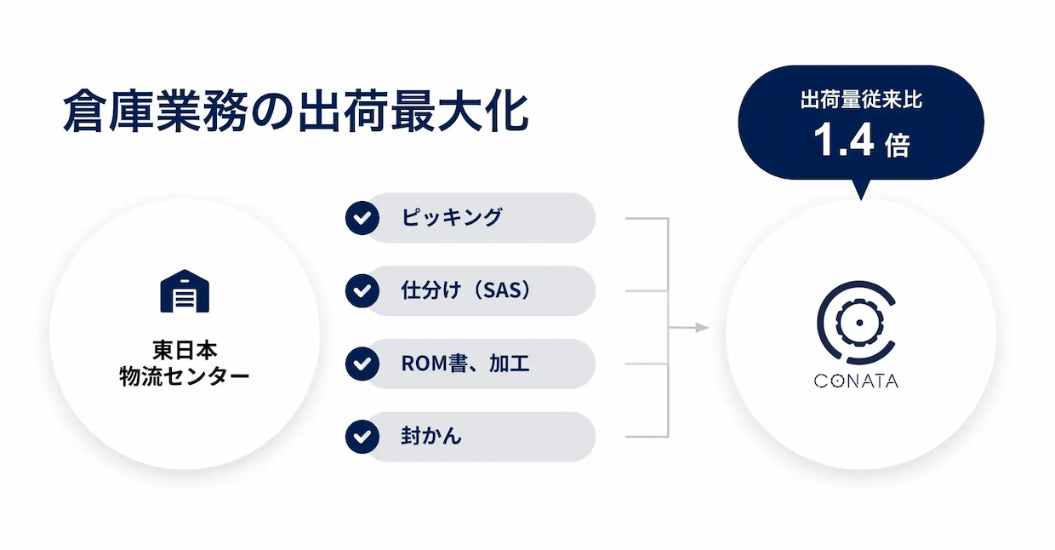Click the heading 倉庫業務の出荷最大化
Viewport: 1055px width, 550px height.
296,112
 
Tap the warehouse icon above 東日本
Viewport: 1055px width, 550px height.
185,291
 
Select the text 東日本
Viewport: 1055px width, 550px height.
185,350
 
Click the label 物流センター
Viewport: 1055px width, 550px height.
185,376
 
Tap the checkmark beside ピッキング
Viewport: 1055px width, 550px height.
362,218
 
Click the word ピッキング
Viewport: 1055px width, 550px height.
452,217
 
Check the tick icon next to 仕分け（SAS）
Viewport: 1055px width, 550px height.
362,291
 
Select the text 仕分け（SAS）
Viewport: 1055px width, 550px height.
466,290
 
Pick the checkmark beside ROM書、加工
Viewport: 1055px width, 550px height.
362,364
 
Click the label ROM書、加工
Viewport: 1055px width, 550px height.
465,364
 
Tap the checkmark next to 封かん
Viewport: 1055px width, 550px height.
362,437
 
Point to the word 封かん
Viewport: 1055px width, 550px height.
431,436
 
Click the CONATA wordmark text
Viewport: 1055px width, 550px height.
856,381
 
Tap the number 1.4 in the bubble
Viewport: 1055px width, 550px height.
844,140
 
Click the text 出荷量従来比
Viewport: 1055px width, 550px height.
861,100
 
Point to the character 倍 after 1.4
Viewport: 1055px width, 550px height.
898,145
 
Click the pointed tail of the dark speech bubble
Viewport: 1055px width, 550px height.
861,200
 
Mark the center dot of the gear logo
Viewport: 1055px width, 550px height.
859,323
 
